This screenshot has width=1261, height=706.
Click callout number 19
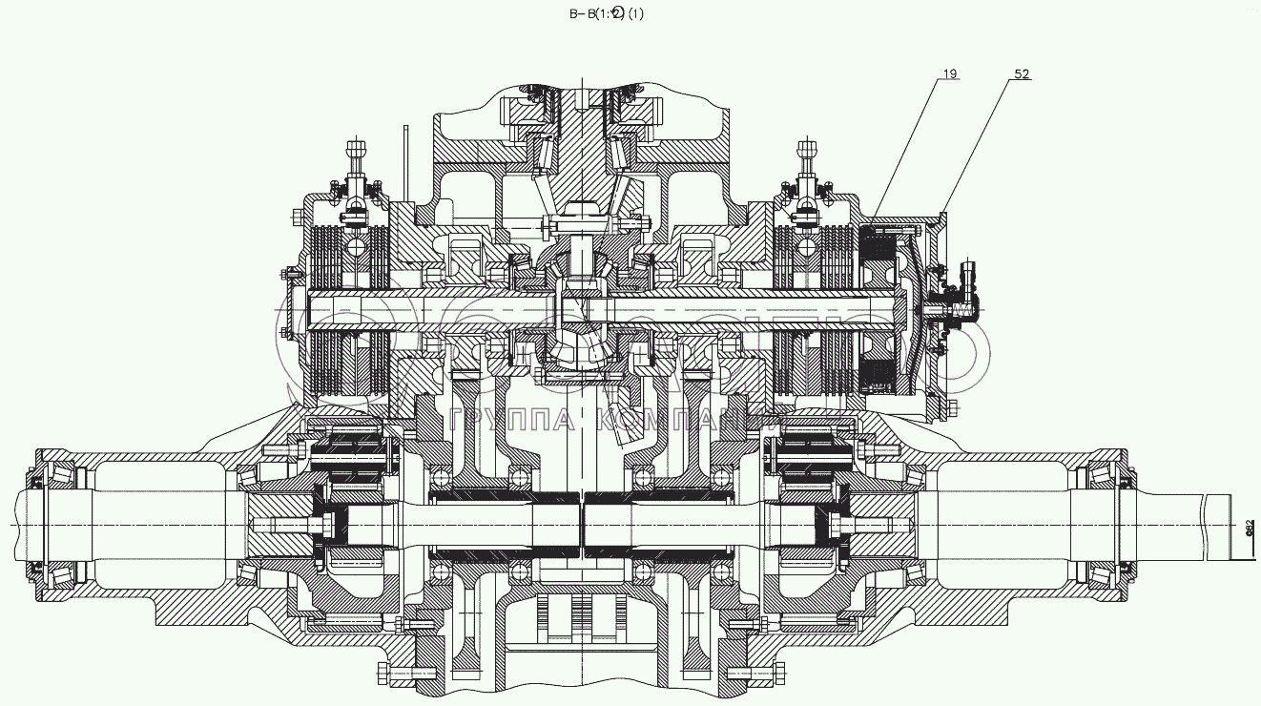pos(952,73)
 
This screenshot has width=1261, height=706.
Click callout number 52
pos(1022,73)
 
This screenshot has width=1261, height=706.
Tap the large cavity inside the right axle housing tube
pos(1002,526)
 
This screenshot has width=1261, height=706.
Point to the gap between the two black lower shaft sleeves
pos(582,526)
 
